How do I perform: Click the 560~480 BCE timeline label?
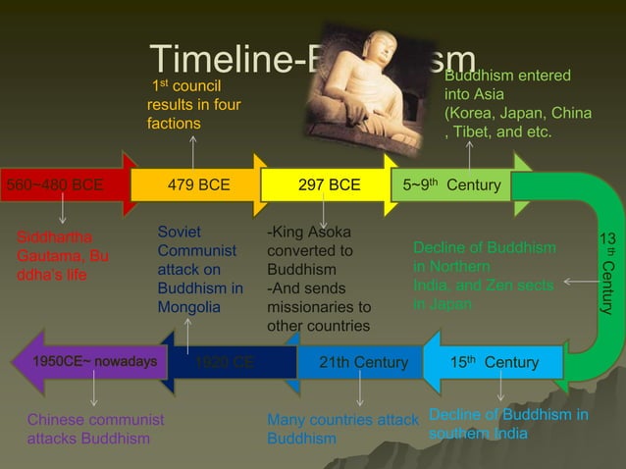[x=55, y=184]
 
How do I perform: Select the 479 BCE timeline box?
[x=198, y=184]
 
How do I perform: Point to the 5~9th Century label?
[x=451, y=184]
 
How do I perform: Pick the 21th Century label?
[x=364, y=363]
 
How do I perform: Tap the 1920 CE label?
[x=226, y=363]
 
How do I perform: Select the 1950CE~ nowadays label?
[x=95, y=362]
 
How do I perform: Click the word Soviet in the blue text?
[x=180, y=232]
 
